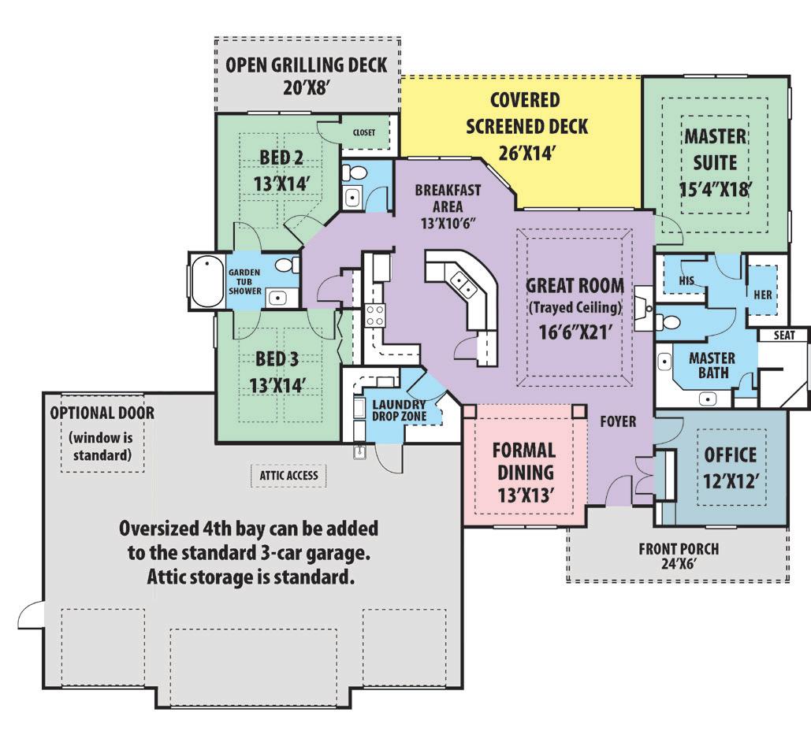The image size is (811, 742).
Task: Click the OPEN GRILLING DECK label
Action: (306, 65)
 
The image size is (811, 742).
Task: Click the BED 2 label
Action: (281, 158)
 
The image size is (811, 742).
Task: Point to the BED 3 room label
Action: (277, 360)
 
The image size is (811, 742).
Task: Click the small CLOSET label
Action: (364, 133)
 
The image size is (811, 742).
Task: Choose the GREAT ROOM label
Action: (575, 285)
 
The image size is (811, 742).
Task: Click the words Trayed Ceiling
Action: (575, 306)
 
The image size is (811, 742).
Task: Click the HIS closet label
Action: (686, 280)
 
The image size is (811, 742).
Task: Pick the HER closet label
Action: (763, 295)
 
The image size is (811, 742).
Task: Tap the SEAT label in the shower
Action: (784, 336)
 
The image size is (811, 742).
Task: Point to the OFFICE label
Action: (730, 454)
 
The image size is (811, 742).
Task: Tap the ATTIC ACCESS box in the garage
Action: (288, 475)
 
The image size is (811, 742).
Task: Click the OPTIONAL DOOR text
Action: (102, 413)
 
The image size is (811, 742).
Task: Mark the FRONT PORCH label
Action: (678, 549)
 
